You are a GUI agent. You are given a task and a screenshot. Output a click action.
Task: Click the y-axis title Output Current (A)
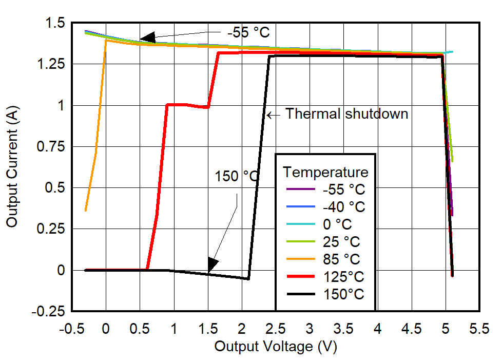[x=12, y=167]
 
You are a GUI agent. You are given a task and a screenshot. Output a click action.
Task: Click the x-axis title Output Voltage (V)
[x=275, y=347]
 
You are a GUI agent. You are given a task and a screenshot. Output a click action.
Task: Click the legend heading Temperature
[x=325, y=172]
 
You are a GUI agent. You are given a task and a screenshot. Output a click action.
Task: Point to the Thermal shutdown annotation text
[x=346, y=113]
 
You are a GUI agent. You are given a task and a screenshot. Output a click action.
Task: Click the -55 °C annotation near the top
[x=248, y=32]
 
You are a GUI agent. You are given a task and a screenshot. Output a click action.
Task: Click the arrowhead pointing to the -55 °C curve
[x=147, y=37]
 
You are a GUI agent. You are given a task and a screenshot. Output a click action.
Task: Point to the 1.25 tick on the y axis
[x=53, y=65]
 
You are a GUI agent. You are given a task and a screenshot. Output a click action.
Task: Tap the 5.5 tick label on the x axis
[x=479, y=329]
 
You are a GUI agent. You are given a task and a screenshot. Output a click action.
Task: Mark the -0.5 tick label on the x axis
[x=72, y=329]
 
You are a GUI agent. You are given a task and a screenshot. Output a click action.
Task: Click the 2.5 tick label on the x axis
[x=276, y=329]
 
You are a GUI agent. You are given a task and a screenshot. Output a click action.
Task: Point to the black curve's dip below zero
[x=248, y=278]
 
